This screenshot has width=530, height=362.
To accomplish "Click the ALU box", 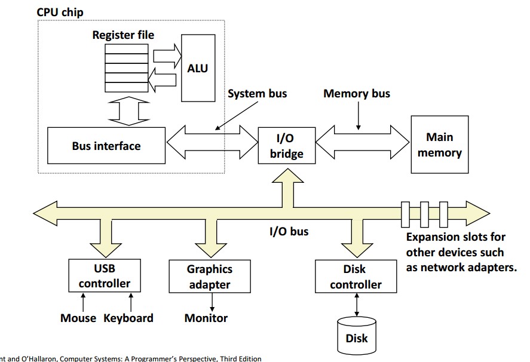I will click(198, 69).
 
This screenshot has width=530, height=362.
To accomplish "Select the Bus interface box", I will click(106, 146).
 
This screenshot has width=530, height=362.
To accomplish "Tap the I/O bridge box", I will click(286, 146).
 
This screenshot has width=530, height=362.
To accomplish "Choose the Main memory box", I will click(439, 145).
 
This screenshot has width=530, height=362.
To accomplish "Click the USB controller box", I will click(105, 276).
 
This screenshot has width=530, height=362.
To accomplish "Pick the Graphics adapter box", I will click(209, 277).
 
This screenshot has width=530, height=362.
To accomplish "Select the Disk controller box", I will click(356, 277).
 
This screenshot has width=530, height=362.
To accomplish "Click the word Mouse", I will click(78, 318).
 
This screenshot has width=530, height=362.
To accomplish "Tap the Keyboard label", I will click(128, 318).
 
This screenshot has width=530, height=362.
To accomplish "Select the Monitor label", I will click(206, 318).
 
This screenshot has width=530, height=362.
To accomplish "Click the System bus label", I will click(257, 94).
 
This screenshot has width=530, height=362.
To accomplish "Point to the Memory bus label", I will click(356, 94).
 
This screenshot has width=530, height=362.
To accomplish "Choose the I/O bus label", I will click(289, 231).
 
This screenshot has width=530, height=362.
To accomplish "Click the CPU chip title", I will click(60, 12).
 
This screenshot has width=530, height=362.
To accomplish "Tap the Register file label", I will click(123, 35).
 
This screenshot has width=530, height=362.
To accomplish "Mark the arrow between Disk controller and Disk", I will click(357, 305).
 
